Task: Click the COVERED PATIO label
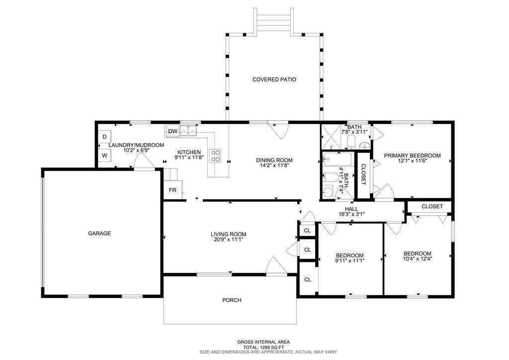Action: (274, 79)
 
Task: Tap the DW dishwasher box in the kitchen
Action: (172, 131)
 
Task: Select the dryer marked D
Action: (104, 137)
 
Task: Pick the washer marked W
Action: (104, 156)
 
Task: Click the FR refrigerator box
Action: (172, 190)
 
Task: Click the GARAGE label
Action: (99, 233)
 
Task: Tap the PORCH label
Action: (232, 300)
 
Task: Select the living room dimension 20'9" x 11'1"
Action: (229, 240)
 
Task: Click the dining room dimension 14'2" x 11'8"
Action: (274, 165)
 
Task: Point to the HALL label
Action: (351, 209)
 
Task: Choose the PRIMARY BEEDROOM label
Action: (412, 156)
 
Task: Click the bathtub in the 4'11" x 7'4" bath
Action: (337, 160)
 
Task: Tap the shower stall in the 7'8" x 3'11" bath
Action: (331, 137)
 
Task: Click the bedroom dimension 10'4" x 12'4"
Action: (418, 259)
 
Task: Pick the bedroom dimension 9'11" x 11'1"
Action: (349, 261)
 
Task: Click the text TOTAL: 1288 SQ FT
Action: (263, 347)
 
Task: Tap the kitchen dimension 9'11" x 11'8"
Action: (189, 158)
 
